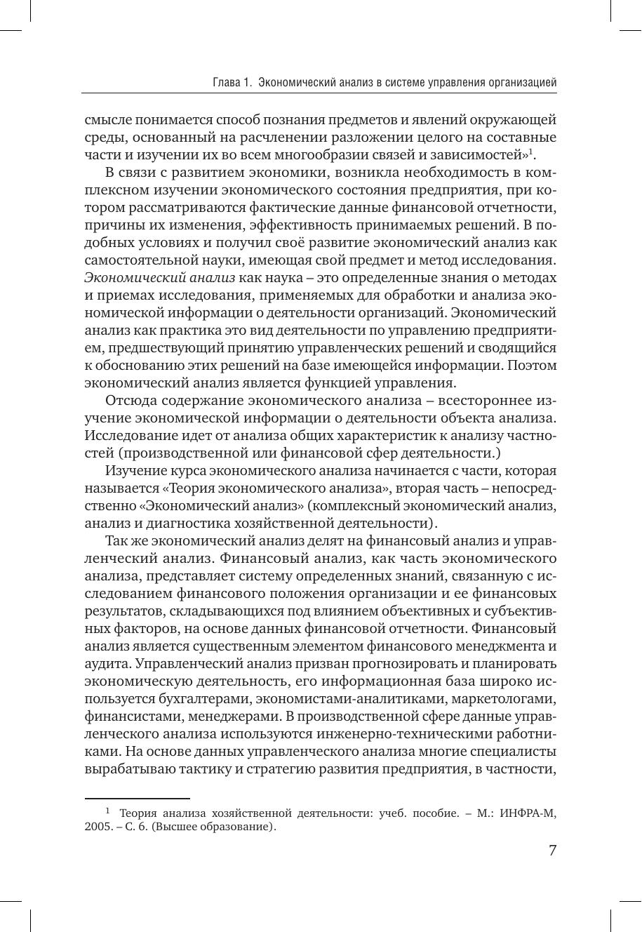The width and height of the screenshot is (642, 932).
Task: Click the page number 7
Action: pos(552,851)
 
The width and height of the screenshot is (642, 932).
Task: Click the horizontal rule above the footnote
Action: pos(137,798)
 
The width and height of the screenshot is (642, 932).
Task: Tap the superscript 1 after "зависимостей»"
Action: pos(531,152)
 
